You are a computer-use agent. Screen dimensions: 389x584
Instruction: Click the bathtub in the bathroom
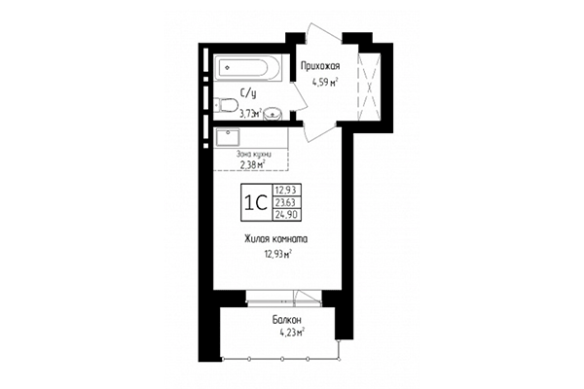[248, 67]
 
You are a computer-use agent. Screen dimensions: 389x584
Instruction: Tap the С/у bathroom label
[249, 94]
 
